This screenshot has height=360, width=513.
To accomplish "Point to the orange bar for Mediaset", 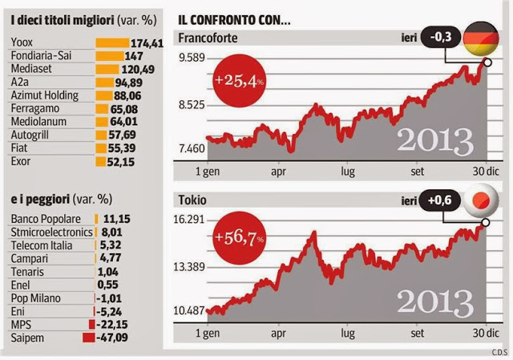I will [110, 69].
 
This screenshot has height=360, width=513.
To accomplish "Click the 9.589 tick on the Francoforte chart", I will [190, 58].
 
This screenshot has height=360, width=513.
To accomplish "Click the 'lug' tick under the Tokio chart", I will [348, 332].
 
